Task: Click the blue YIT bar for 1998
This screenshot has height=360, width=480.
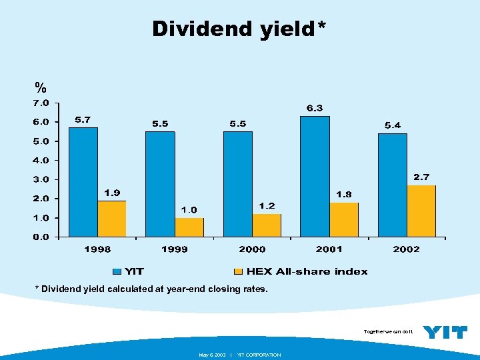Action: (83, 181)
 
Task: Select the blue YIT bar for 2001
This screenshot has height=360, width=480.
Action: (315, 176)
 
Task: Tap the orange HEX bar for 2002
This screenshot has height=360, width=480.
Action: (421, 211)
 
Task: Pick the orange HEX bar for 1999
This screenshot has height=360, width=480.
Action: (189, 227)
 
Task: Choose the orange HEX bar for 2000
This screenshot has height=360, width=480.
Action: (267, 225)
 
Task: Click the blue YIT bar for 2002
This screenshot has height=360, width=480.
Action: (392, 185)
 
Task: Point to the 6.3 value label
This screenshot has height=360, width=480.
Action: (315, 108)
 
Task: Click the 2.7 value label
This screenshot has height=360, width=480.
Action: (421, 177)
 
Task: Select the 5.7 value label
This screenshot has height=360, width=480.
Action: (83, 119)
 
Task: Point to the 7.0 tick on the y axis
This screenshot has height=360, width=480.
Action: (41, 103)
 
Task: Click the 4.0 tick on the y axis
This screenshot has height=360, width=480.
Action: (41, 161)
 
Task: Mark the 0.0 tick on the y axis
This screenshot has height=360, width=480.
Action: (41, 237)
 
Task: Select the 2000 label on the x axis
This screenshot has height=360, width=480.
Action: (252, 249)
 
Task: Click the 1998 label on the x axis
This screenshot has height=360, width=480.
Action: (97, 249)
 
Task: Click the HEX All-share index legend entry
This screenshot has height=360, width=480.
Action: (300, 271)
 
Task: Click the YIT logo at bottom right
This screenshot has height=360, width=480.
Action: (445, 331)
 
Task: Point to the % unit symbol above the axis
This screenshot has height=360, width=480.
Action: (41, 87)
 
